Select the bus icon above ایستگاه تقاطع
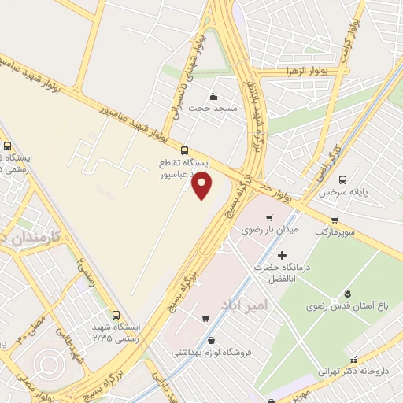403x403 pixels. point(185,150)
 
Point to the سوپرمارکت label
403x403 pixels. point(336,232)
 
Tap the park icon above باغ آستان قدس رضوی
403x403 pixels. point(343,294)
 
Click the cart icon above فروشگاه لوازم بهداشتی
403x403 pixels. point(205,319)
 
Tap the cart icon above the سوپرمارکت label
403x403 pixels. point(335,220)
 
